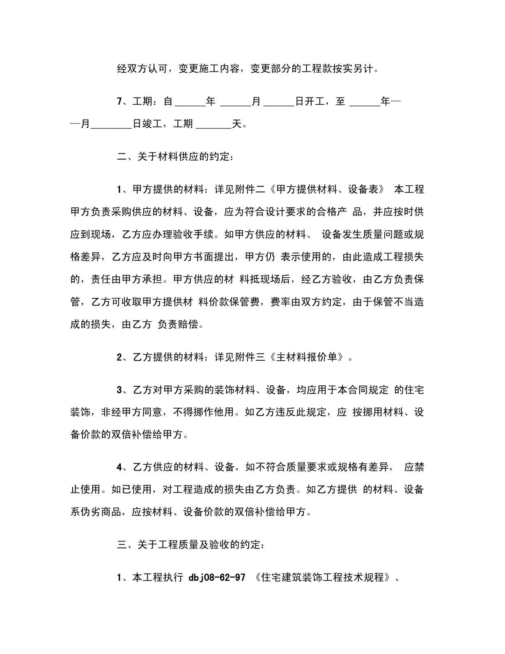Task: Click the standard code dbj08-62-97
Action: (217, 578)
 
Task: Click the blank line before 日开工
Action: (279, 102)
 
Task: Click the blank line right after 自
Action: (190, 102)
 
